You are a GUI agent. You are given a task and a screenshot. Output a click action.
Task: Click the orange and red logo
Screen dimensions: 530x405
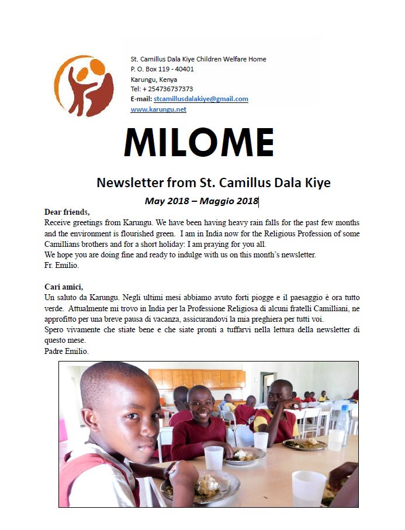point(84,85)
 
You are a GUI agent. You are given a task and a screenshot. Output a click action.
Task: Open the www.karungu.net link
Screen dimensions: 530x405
point(158,109)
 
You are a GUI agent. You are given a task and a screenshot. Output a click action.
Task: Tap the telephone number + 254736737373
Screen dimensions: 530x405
point(162,89)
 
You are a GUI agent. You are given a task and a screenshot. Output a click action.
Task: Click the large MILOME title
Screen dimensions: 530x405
point(199,143)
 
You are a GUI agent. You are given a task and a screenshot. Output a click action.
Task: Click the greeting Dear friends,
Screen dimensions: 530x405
point(67,212)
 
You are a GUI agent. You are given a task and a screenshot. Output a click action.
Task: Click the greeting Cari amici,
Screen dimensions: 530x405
point(64,287)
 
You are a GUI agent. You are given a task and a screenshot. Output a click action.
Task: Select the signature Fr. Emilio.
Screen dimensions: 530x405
point(62,265)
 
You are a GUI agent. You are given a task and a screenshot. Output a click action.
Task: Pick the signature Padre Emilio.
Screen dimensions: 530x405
point(66,351)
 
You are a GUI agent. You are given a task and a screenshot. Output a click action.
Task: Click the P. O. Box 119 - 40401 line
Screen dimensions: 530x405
point(162,69)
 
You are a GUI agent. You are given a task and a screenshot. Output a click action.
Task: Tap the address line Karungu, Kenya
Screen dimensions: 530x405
point(154,79)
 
